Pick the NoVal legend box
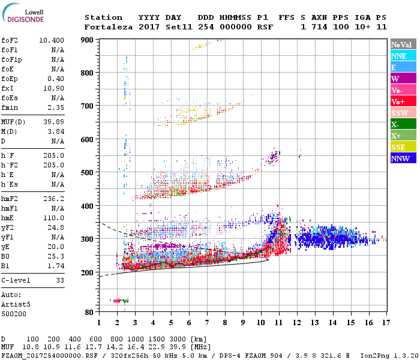401,44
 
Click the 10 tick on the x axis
261,322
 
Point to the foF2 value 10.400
52,40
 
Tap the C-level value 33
60,280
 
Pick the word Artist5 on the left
15,304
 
